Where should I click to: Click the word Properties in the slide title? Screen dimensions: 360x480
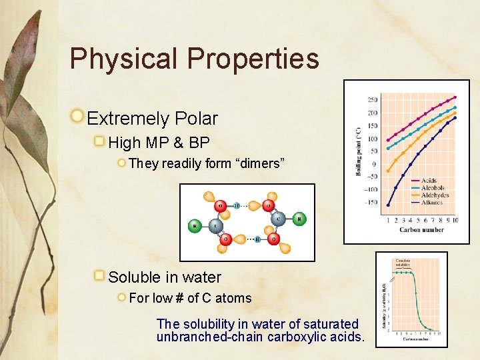pyautogui.click(x=253, y=59)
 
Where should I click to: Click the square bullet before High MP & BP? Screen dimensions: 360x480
pyautogui.click(x=99, y=142)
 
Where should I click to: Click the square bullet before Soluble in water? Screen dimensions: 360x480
pyautogui.click(x=99, y=276)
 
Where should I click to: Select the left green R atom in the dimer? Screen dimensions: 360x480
pyautogui.click(x=195, y=226)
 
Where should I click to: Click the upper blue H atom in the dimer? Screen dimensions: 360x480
pyautogui.click(x=237, y=205)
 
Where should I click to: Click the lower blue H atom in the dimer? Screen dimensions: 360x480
pyautogui.click(x=258, y=239)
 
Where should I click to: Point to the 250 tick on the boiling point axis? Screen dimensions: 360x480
pyautogui.click(x=372, y=100)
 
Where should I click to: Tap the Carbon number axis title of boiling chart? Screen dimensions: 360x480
pyautogui.click(x=421, y=230)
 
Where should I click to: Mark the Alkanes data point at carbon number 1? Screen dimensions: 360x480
pyautogui.click(x=388, y=205)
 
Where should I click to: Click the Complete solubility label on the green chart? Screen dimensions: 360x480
pyautogui.click(x=403, y=263)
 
